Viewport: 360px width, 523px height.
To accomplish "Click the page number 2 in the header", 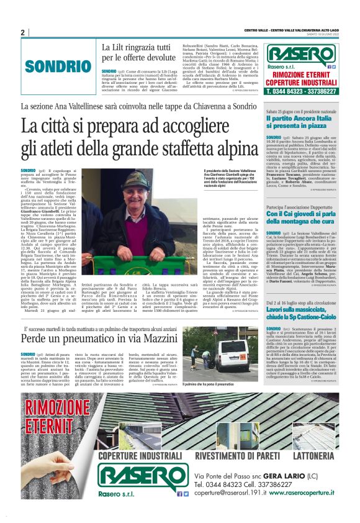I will point(22,32).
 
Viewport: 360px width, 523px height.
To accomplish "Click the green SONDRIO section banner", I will point(50,66).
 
